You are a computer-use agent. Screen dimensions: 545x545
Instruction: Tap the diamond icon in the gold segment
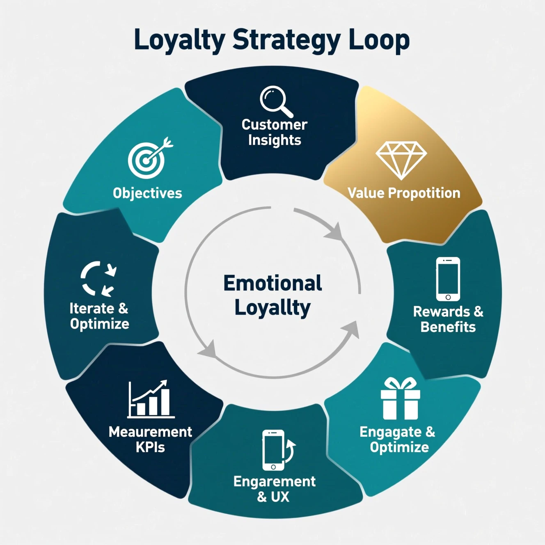[401, 160]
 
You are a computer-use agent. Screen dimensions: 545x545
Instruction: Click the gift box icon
[400, 399]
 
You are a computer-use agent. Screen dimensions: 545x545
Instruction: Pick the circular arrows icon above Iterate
[98, 279]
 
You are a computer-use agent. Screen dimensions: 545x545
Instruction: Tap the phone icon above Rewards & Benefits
[448, 279]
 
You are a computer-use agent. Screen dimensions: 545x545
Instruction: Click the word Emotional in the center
[272, 283]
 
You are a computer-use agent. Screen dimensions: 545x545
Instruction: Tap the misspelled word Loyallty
[272, 308]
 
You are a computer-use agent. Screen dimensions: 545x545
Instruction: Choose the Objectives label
[147, 193]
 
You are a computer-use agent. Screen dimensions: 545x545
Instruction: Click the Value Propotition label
[404, 193]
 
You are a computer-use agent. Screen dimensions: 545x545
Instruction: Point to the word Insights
[275, 140]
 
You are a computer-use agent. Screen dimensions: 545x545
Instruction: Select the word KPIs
[150, 447]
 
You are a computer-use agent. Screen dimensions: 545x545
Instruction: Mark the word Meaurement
[150, 432]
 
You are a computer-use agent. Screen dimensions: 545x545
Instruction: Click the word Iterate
[92, 308]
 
